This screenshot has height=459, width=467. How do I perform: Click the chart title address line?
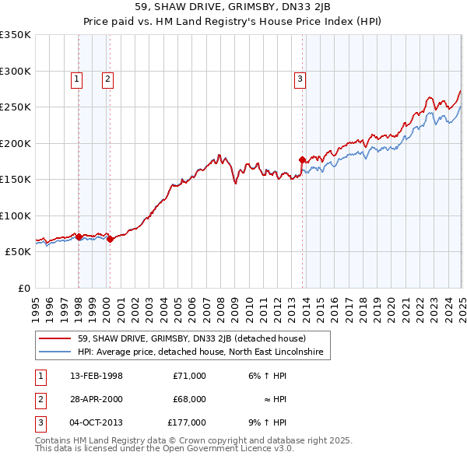pyautogui.click(x=233, y=8)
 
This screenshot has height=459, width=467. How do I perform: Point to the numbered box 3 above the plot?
pyautogui.click(x=300, y=78)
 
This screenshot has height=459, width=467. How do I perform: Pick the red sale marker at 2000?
pyautogui.click(x=110, y=239)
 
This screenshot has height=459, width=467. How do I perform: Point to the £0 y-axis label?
pyautogui.click(x=22, y=288)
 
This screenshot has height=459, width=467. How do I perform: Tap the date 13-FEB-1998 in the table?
pyautogui.click(x=97, y=376)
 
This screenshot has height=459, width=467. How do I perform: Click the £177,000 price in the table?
pyautogui.click(x=187, y=422)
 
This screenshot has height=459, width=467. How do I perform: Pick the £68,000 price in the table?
pyautogui.click(x=189, y=399)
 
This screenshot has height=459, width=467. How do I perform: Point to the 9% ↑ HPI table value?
pyautogui.click(x=268, y=422)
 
